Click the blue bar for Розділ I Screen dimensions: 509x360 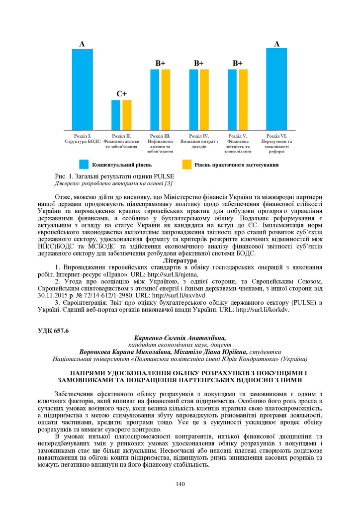(83, 89)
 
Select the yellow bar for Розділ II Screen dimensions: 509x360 (127, 115)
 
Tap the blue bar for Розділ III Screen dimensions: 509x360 (155, 99)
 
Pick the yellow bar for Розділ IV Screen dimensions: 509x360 (204, 99)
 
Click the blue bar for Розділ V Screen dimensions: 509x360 (232, 99)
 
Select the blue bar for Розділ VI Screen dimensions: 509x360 (276, 89)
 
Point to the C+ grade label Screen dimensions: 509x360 (121, 93)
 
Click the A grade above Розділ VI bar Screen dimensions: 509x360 (277, 44)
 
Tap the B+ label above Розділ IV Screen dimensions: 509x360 (199, 63)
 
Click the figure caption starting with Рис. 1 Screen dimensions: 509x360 (114, 175)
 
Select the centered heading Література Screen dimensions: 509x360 (180, 260)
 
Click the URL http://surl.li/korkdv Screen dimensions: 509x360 (262, 309)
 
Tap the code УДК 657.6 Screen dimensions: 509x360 (53, 331)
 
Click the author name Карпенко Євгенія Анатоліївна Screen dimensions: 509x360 (180, 338)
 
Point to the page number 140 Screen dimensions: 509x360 (180, 484)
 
